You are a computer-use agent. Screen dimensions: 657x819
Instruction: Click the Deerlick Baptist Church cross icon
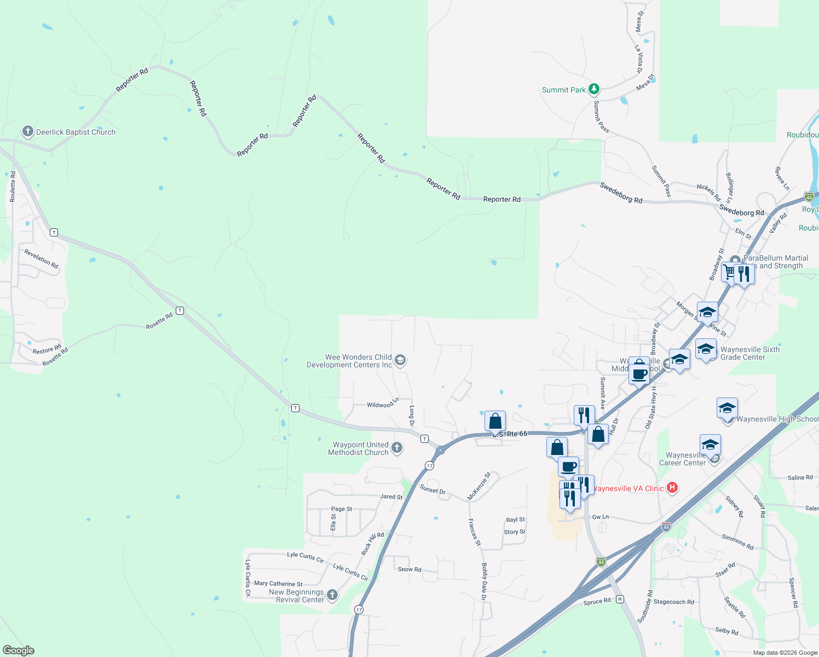coord(27,131)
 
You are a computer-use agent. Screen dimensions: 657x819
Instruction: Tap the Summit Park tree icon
coord(594,89)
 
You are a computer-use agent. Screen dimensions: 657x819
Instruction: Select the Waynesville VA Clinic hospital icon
coord(673,488)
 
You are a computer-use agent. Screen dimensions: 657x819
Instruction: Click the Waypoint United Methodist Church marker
coord(397,448)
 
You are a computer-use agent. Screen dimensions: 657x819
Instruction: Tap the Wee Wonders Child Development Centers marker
coord(400,360)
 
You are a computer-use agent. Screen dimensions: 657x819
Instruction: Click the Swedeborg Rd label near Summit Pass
coord(621,193)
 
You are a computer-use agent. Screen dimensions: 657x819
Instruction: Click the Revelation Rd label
coord(41,258)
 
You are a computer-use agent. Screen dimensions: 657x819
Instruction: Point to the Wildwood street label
coord(380,405)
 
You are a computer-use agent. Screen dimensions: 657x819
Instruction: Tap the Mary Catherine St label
coord(278,584)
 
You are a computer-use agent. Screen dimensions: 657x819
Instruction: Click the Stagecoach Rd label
coord(673,602)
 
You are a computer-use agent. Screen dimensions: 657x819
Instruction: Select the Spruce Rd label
coord(597,602)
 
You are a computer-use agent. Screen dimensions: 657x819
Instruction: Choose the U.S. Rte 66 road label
coord(509,434)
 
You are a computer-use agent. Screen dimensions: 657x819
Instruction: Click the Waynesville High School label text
coord(777,419)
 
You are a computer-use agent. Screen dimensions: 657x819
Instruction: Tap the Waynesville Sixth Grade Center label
coord(749,353)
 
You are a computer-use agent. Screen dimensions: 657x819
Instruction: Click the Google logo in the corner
coord(18,650)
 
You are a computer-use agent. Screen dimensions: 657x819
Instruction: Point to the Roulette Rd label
coord(13,187)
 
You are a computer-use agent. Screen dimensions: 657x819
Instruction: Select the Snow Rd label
coord(409,569)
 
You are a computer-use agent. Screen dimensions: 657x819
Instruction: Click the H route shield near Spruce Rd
coord(620,599)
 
